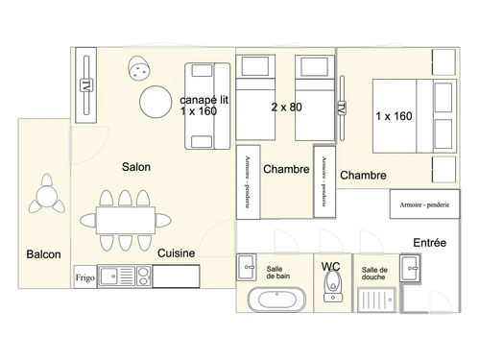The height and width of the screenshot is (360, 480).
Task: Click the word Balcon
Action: pyautogui.click(x=43, y=254)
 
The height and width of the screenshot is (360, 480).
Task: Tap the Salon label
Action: pyautogui.click(x=136, y=166)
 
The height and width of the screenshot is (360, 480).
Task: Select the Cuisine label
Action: pyautogui.click(x=177, y=253)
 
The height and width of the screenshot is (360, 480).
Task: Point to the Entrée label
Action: pyautogui.click(x=429, y=243)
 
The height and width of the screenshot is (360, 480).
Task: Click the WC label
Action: pyautogui.click(x=332, y=266)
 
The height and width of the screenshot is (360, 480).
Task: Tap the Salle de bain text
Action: pyautogui.click(x=279, y=271)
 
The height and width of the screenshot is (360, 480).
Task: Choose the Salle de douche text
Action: pyautogui.click(x=375, y=274)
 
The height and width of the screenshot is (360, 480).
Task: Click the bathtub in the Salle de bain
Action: pyautogui.click(x=278, y=300)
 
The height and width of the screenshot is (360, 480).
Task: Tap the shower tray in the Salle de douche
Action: pyautogui.click(x=375, y=299)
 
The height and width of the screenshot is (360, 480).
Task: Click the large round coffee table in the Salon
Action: pyautogui.click(x=157, y=101)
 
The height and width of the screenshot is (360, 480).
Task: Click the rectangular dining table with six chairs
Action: pyautogui.click(x=125, y=219)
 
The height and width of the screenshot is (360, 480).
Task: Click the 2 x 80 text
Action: pyautogui.click(x=286, y=108)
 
